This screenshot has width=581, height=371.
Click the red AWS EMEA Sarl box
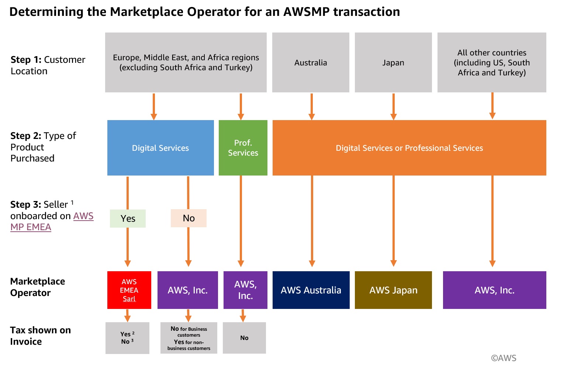point(129,290)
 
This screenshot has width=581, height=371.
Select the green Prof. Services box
point(243,148)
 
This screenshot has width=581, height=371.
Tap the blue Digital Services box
point(160,148)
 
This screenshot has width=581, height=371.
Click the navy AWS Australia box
point(311,290)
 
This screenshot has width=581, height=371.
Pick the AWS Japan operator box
point(393,290)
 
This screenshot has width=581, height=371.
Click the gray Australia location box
point(311,62)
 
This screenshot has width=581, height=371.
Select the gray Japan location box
point(393,62)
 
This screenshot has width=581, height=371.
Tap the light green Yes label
point(128,218)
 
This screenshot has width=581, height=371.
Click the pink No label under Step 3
point(189,218)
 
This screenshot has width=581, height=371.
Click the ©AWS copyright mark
point(503,358)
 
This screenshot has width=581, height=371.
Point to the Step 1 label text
point(48,65)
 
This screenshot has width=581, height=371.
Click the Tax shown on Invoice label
point(40,336)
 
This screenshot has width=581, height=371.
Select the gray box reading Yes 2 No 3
point(127,338)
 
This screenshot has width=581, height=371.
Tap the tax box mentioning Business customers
point(189,338)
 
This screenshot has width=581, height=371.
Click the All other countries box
point(492,62)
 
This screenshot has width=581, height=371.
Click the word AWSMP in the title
point(306,12)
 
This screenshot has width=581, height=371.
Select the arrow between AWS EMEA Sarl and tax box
point(128,316)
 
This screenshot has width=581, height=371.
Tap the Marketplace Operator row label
point(37,287)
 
